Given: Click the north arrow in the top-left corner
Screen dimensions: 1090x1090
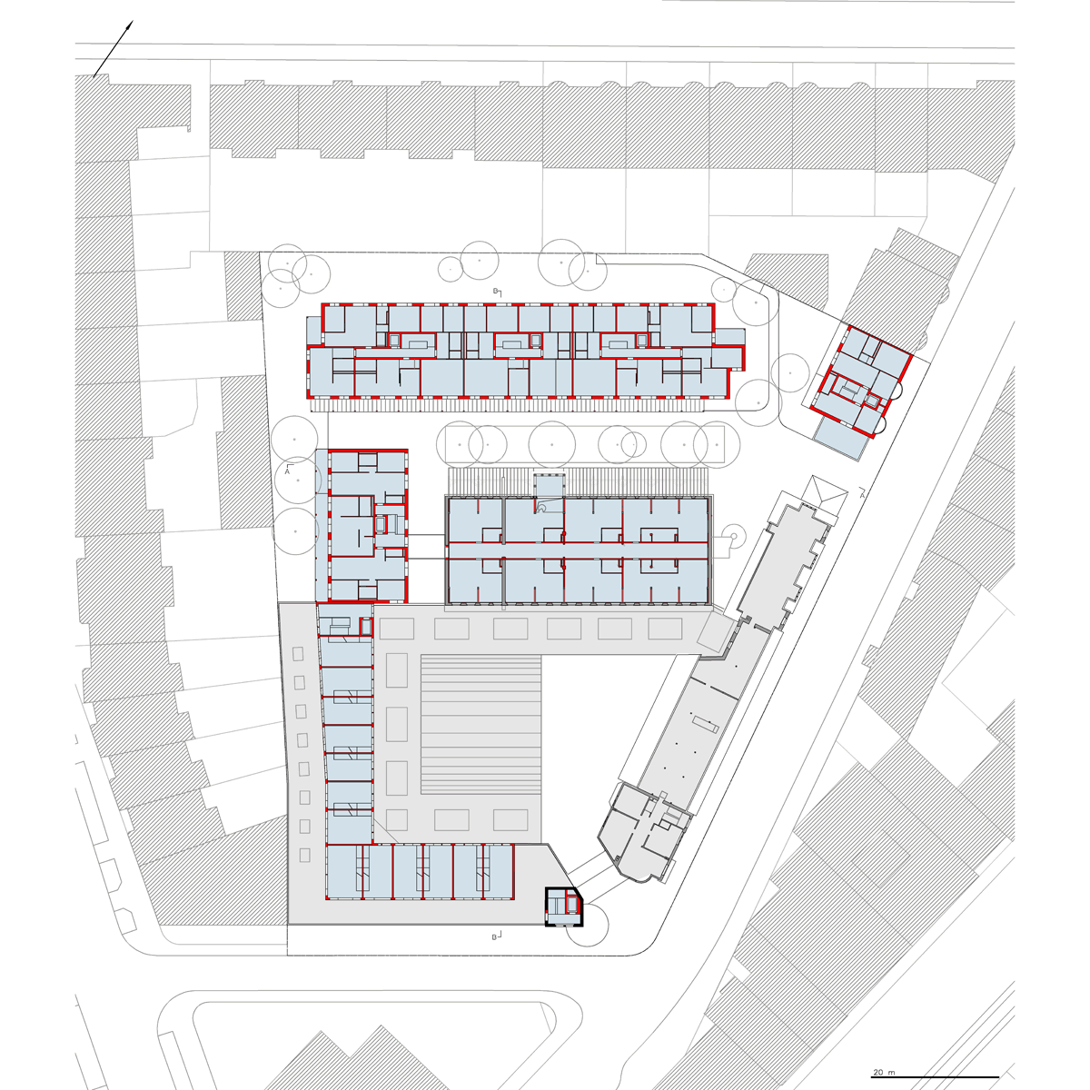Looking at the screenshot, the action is point(114,49).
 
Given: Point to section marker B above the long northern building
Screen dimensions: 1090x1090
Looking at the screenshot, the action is point(497,292).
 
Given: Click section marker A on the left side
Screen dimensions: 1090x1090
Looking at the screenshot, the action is point(288,469).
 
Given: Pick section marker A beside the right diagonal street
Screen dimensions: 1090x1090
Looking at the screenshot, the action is point(862,491).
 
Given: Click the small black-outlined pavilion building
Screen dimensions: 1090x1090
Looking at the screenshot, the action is point(563,916).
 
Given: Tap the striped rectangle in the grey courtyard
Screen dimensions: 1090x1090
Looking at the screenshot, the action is point(481,725).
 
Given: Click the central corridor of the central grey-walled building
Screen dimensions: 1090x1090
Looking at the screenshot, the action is point(578,550).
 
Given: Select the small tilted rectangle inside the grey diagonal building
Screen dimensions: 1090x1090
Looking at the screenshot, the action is point(704,723).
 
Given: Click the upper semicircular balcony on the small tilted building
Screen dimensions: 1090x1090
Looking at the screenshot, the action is point(898,388).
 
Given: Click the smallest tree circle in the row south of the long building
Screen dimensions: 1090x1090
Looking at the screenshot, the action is point(633,443).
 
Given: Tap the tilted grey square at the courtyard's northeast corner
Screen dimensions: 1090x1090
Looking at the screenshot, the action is point(715,634).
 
